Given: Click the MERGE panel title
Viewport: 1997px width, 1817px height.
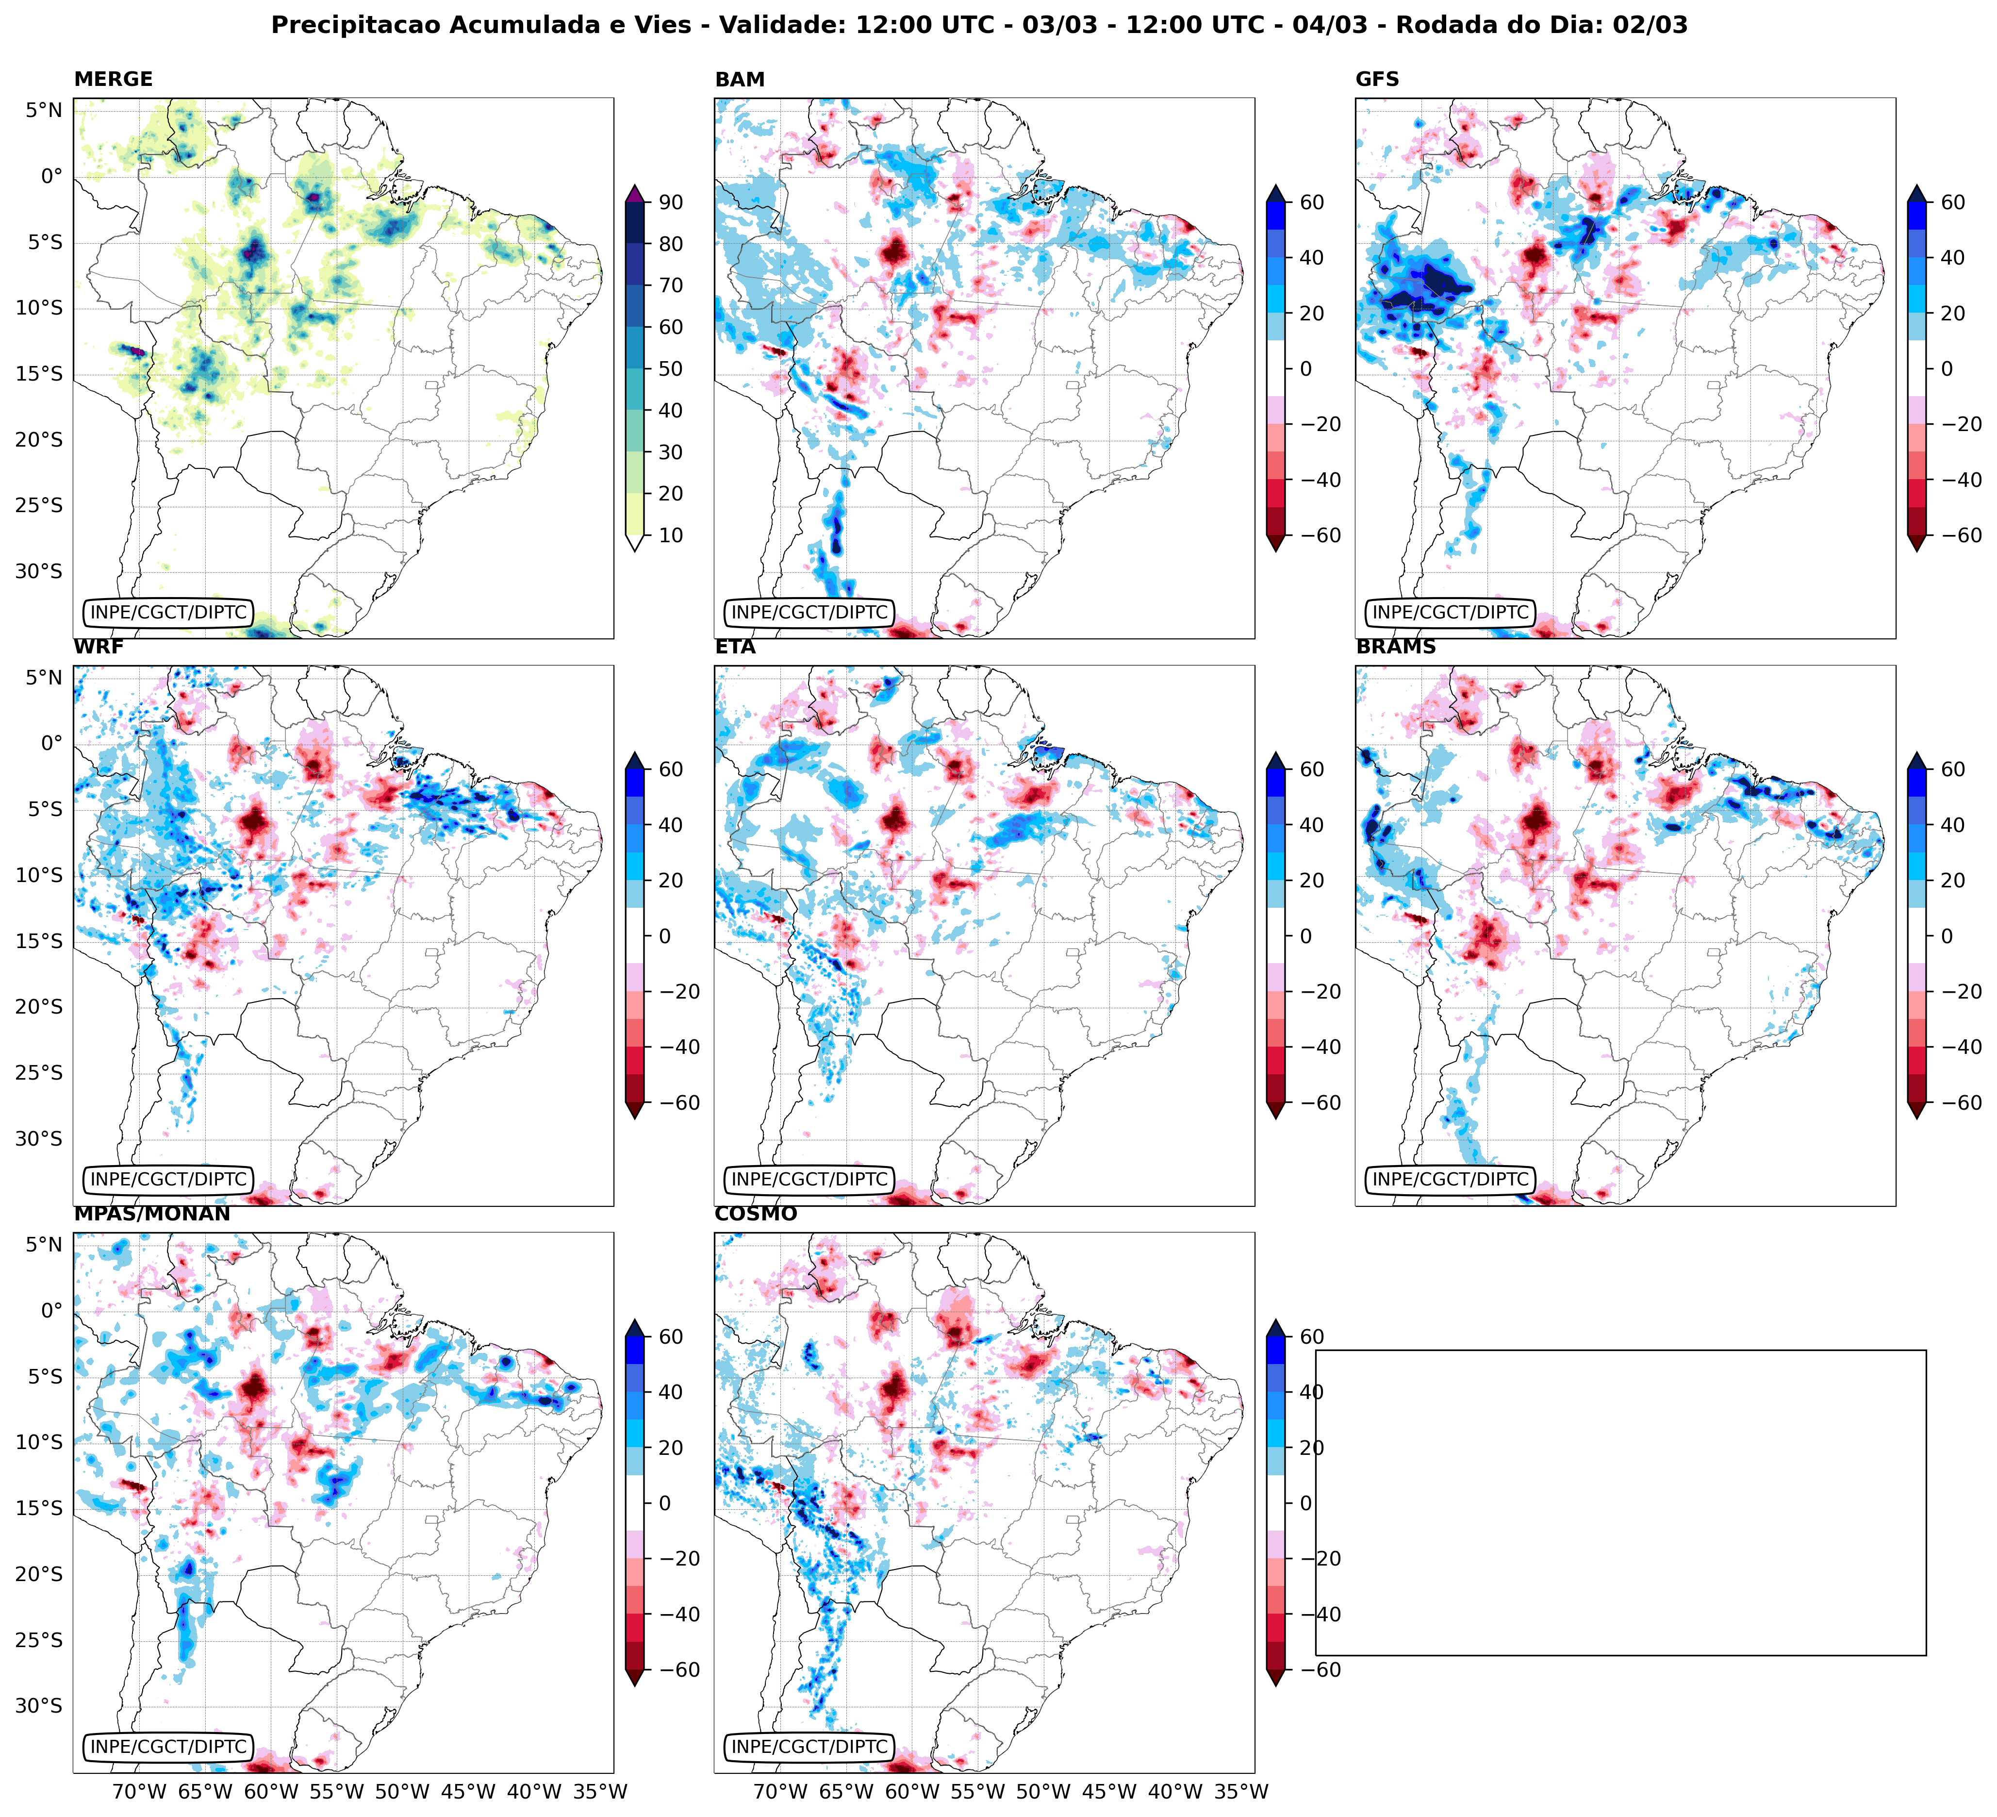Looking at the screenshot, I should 113,79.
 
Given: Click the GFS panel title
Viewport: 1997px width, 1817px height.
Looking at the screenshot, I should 1377,79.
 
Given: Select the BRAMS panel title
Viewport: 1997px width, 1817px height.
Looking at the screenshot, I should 1396,647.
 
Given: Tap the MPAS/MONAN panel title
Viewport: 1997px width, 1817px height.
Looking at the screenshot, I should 151,1214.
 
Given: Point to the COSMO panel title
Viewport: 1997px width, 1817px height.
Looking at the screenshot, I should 756,1214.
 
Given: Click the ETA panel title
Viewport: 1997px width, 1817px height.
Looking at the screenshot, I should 735,647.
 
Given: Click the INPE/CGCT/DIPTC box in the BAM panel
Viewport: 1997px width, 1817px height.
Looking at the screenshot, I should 809,612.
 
